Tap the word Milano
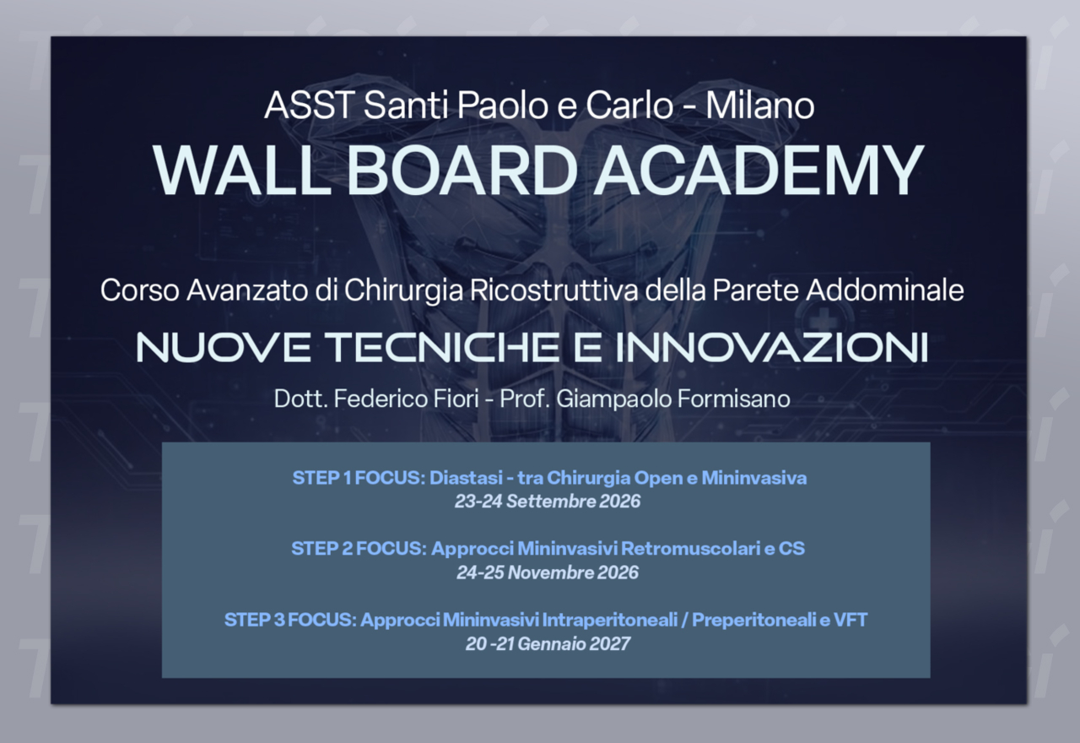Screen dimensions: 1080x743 (760, 106)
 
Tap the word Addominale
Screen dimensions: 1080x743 (885, 290)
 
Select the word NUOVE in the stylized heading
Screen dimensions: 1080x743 (224, 347)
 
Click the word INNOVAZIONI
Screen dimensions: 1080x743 (771, 347)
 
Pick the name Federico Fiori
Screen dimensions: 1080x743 (407, 399)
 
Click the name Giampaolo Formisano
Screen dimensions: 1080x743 (673, 399)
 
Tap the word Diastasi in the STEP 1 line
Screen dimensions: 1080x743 (466, 478)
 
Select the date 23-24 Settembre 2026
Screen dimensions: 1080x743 (548, 502)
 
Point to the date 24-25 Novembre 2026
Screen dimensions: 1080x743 (548, 572)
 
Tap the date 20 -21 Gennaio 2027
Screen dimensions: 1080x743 (548, 643)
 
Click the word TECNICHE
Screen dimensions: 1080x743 (441, 347)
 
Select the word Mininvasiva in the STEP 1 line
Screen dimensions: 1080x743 (754, 478)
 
